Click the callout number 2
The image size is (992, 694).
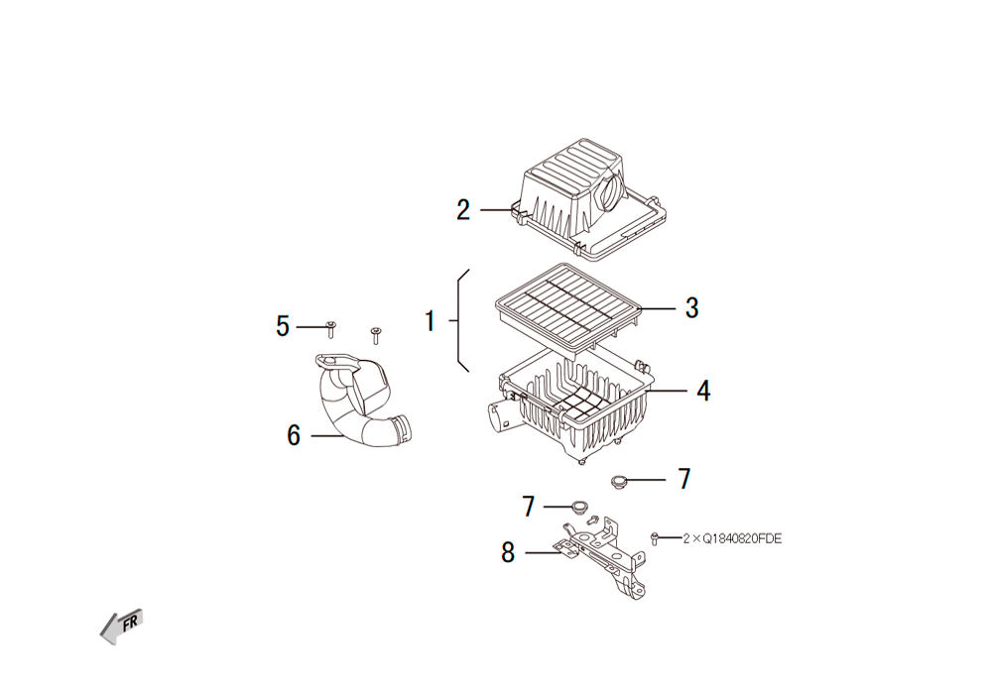pos(463,210)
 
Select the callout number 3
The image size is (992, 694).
pos(692,307)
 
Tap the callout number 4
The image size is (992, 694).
pos(703,391)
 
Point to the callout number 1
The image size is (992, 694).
pos(431,321)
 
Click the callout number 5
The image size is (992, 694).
pos(282,326)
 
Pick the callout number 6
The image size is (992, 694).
pos(294,435)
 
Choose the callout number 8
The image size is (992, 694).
pos(508,552)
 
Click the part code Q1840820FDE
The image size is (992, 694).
pos(742,538)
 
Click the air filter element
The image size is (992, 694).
pos(568,306)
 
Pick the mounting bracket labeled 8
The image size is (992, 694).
pos(601,556)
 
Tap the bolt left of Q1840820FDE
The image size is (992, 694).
pos(655,538)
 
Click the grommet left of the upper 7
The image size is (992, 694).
pos(619,481)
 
